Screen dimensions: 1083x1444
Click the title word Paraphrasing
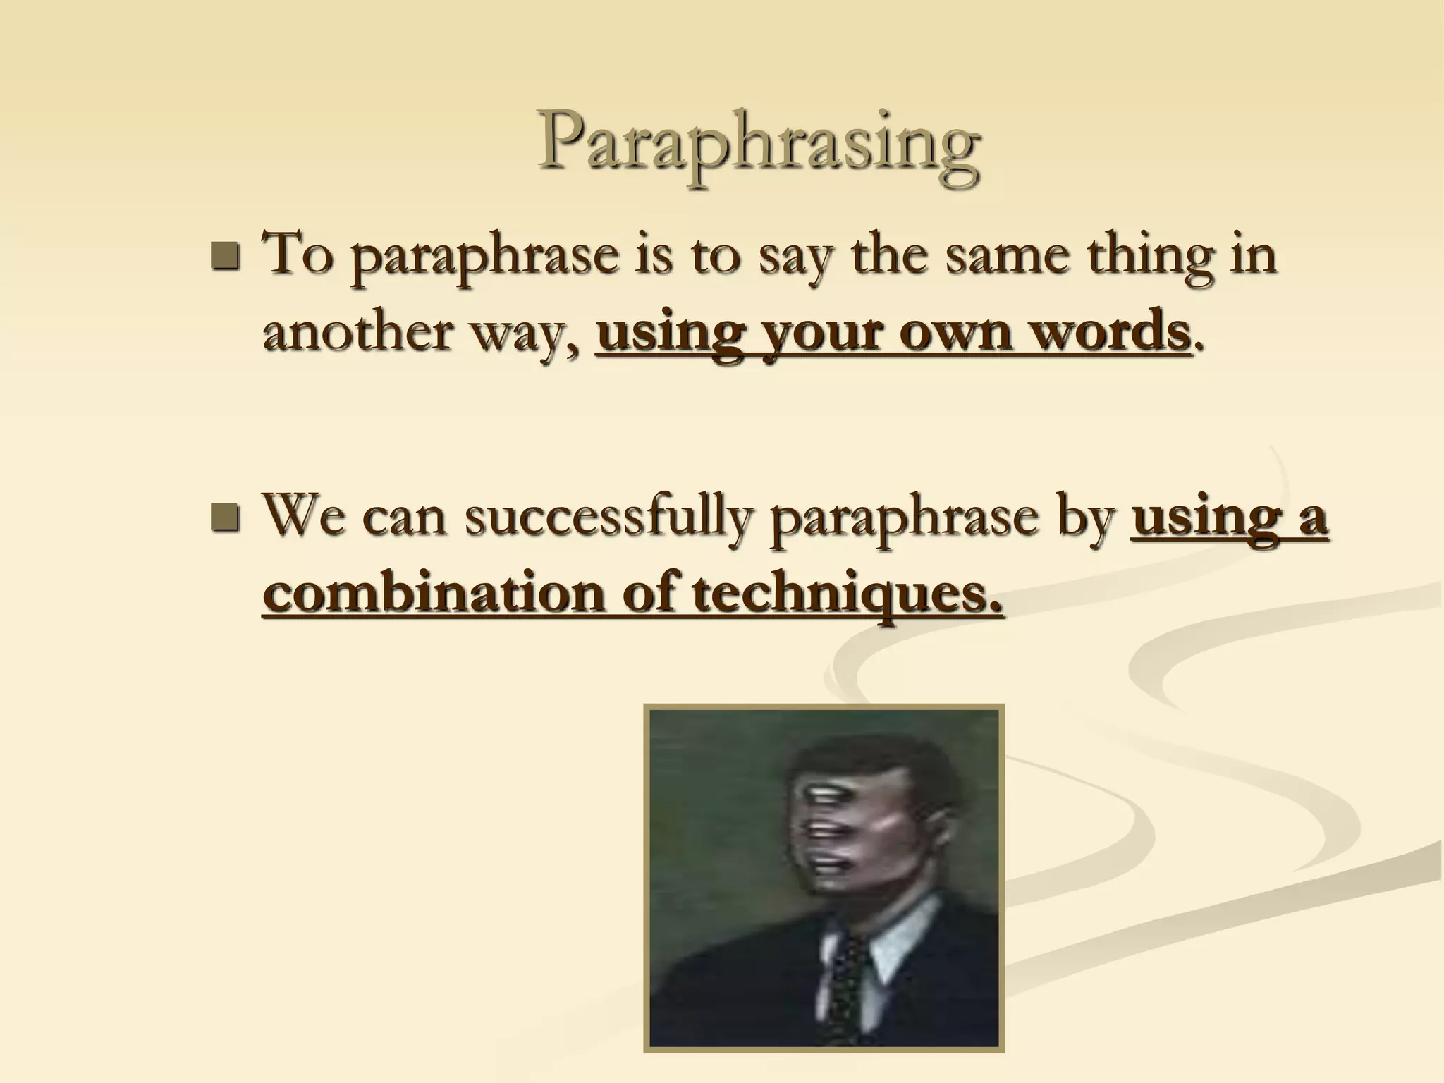click(x=758, y=145)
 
